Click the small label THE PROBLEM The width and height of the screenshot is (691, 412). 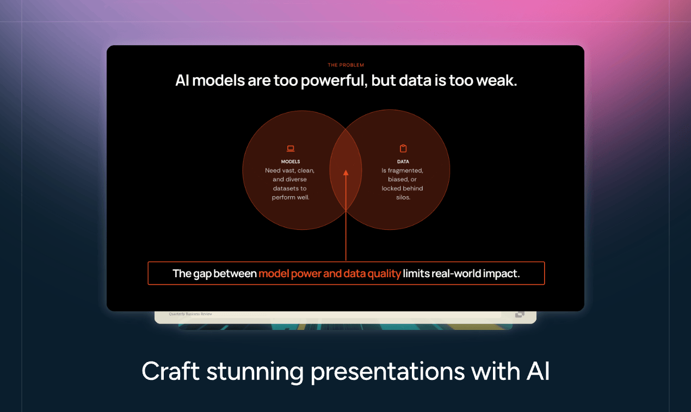click(346, 65)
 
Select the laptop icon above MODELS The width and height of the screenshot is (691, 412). click(291, 148)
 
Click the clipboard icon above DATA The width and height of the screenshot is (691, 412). click(403, 148)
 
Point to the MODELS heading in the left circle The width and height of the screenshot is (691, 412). click(291, 161)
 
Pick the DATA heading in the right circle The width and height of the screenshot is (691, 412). click(403, 161)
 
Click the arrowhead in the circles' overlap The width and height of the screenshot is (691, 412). click(346, 173)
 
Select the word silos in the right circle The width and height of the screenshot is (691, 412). click(402, 197)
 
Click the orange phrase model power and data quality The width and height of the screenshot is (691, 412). click(330, 273)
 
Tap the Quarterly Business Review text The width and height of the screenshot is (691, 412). click(190, 314)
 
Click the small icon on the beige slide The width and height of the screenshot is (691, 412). click(519, 314)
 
